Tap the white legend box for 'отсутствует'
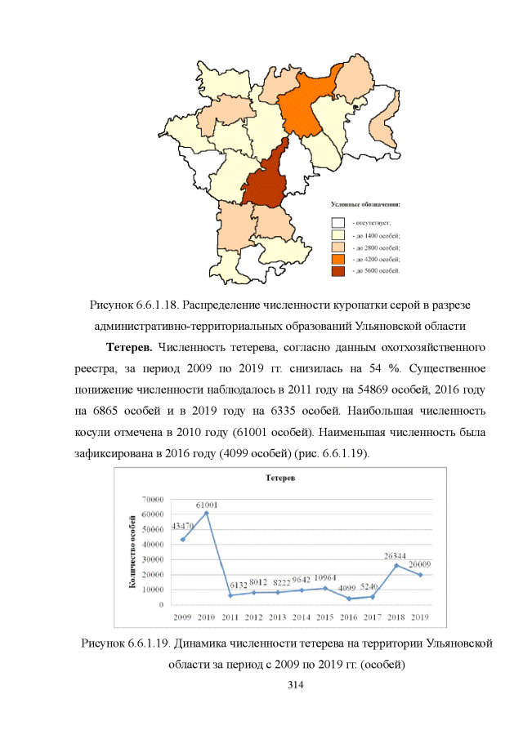tap(337, 221)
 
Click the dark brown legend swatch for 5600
tap(337, 270)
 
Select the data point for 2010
tap(206, 513)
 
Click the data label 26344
tap(396, 555)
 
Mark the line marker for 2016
tap(349, 599)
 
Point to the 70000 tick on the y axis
tap(153, 499)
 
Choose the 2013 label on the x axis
tap(278, 617)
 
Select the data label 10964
tap(327, 578)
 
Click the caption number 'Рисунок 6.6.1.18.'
tap(134, 305)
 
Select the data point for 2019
tap(421, 575)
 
